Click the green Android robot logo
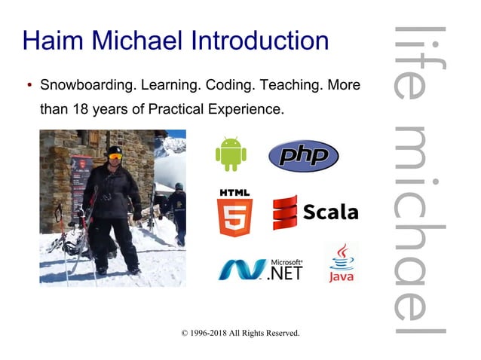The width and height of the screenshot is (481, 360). (x=231, y=154)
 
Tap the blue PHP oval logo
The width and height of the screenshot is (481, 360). (x=303, y=156)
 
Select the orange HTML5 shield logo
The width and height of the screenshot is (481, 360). (x=234, y=213)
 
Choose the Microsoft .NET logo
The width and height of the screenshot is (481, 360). (x=260, y=268)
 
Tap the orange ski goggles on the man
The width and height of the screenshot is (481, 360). (x=115, y=157)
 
